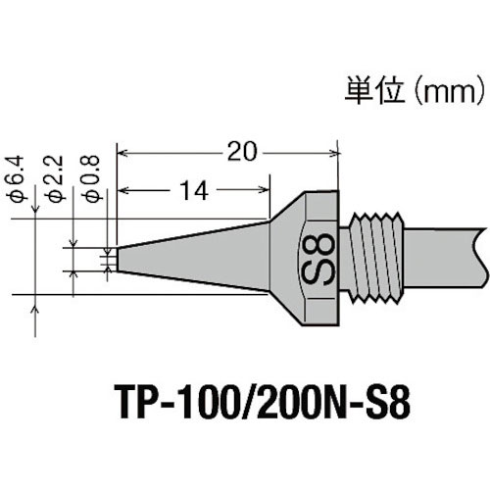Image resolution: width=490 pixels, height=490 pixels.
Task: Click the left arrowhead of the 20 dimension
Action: pos(122,152)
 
